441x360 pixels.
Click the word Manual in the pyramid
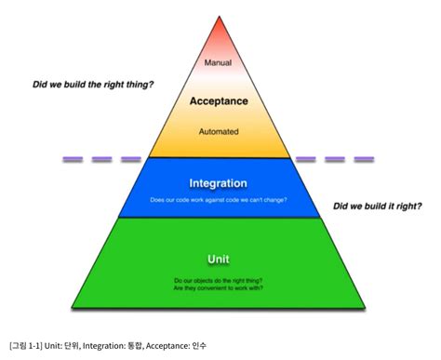tap(220, 64)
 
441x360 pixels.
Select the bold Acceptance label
tap(220, 100)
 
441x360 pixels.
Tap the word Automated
tap(220, 132)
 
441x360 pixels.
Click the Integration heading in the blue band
tap(220, 183)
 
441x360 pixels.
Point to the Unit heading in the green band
tap(220, 258)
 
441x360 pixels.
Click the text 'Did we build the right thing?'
tap(93, 85)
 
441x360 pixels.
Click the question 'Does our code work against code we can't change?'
tap(220, 200)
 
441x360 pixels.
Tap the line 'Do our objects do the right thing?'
tap(220, 280)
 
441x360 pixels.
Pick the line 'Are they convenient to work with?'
tap(220, 289)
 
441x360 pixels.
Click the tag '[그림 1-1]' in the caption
tap(27, 346)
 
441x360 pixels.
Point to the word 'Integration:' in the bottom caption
tap(117, 346)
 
